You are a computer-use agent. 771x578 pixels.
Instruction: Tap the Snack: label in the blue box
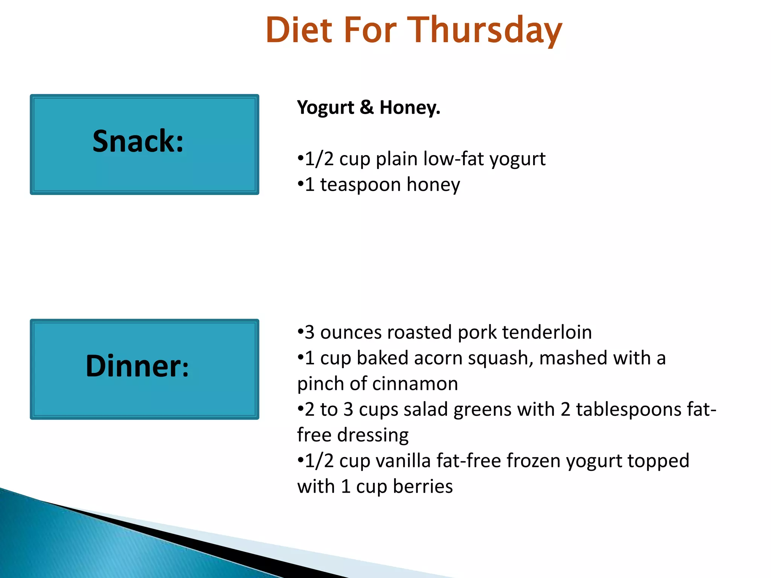click(138, 141)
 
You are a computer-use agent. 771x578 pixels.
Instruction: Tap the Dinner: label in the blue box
click(137, 366)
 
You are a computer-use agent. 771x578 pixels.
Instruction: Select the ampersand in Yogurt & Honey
click(367, 107)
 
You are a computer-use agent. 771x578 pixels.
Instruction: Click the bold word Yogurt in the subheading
click(325, 108)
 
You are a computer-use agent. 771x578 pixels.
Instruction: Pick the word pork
click(477, 333)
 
